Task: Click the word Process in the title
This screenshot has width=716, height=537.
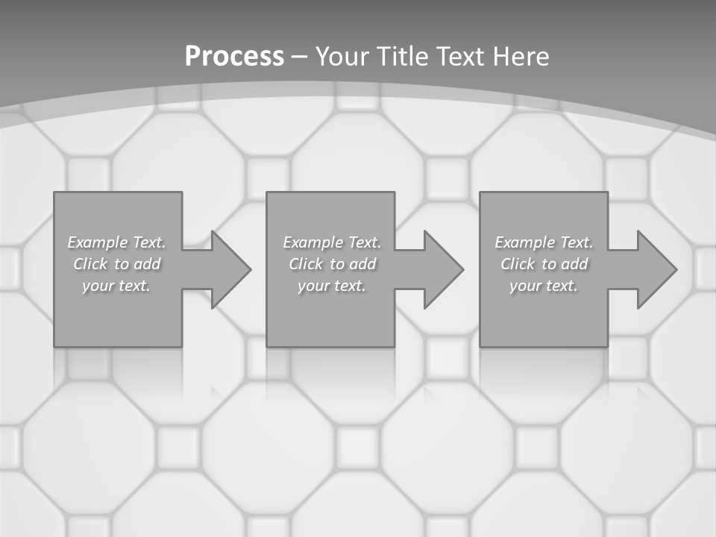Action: tap(234, 57)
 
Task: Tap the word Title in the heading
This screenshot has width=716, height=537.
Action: tap(403, 57)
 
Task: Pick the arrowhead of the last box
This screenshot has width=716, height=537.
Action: tap(656, 269)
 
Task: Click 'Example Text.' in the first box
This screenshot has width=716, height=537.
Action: tap(116, 242)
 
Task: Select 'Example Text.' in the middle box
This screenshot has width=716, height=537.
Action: tap(331, 242)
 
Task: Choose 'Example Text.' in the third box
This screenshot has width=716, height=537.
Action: tap(544, 242)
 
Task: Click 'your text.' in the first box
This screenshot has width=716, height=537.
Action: tap(116, 286)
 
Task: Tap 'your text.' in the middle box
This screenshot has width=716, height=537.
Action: tap(331, 286)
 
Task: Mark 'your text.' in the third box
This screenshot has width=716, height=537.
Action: tap(544, 286)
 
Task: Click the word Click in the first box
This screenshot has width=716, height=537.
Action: tap(90, 264)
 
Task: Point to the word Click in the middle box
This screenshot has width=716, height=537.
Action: tap(306, 264)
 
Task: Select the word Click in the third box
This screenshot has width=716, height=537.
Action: tap(518, 264)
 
